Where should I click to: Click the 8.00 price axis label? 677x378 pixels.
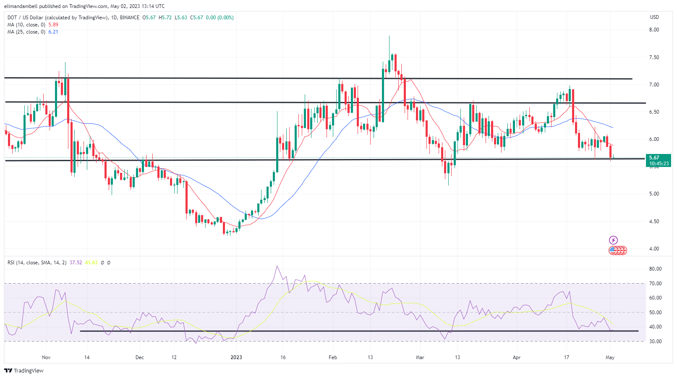point(653,30)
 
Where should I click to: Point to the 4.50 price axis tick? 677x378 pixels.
point(653,222)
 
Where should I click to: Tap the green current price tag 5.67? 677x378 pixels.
point(658,160)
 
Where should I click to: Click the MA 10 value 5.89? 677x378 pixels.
point(53,25)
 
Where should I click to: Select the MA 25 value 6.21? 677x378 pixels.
point(53,32)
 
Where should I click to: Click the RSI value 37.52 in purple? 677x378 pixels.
point(76,263)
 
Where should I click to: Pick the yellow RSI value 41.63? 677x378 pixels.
point(91,263)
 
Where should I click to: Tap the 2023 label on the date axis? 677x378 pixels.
point(236,357)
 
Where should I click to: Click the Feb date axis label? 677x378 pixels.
point(333,357)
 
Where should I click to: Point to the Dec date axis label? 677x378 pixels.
point(140,357)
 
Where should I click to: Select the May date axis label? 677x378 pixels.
point(610,357)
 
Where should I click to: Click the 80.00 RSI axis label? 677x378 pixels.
point(655,269)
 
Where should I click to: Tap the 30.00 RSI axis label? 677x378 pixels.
point(655,342)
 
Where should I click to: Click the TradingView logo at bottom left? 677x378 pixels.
point(24,371)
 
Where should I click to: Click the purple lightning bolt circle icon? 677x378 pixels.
point(613,240)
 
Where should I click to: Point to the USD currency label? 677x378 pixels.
point(654,17)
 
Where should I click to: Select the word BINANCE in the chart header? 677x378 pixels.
point(130,18)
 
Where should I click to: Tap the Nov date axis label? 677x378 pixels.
point(46,357)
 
